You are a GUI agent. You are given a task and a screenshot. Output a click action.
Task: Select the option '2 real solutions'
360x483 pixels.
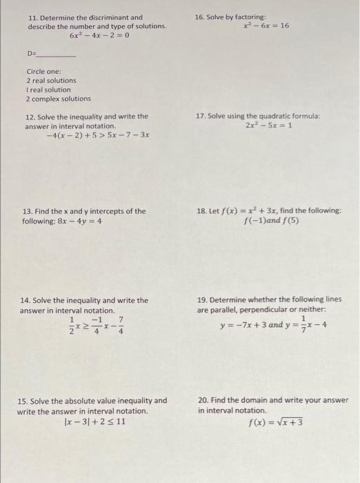tap(52, 81)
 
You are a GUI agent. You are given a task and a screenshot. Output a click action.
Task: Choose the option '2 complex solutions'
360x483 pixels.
tap(59, 99)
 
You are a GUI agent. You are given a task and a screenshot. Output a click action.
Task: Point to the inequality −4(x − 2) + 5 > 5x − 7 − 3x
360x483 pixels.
tap(97, 136)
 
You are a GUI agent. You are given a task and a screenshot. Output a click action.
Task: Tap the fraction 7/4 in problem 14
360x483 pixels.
tap(121, 325)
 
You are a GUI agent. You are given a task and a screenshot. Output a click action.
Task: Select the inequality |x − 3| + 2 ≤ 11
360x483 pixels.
tap(95, 421)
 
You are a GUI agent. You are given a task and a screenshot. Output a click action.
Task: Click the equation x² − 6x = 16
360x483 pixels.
tap(266, 26)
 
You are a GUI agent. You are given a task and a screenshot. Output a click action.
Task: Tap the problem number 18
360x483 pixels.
tap(201, 211)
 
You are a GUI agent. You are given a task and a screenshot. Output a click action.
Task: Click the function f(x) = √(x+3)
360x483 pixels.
tap(275, 422)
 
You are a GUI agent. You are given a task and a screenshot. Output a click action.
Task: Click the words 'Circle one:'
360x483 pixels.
tap(44, 72)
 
